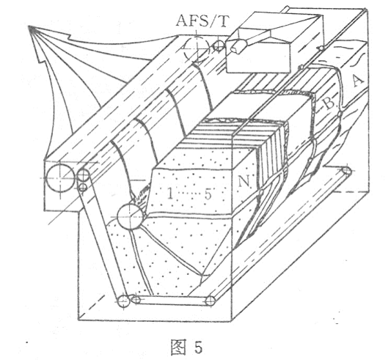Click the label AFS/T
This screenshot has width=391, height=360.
point(202,21)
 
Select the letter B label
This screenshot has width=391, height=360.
point(329,103)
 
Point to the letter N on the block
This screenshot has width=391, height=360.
point(243,182)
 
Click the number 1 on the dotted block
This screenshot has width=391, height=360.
point(170,194)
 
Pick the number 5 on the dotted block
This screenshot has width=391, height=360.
point(208,194)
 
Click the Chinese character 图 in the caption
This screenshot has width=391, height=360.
point(178,347)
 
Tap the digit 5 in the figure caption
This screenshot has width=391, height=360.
point(198,347)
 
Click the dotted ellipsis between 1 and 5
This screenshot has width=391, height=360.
point(189,194)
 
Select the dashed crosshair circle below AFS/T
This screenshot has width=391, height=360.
point(197,47)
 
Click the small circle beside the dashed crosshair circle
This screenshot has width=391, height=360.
point(219,45)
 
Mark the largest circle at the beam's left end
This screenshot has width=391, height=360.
point(61,177)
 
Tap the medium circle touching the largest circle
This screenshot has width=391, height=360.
point(84,175)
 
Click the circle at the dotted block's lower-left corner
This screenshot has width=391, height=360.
point(130,216)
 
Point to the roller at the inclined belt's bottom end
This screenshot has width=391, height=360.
point(123,301)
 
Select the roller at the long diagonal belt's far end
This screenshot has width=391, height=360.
point(346,171)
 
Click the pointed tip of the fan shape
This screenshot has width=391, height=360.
point(30,28)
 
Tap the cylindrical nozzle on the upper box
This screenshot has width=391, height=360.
point(238,46)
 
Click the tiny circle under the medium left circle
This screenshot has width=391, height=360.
point(83,187)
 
